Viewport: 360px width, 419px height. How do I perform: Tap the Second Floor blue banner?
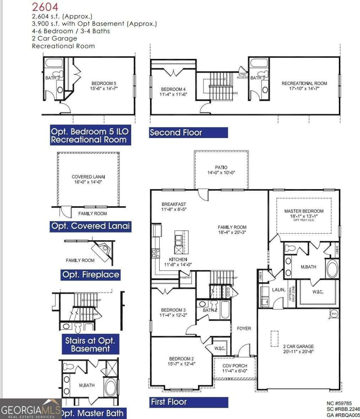pyautogui.click(x=188, y=133)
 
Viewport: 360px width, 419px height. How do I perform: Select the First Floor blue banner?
pyautogui.click(x=188, y=402)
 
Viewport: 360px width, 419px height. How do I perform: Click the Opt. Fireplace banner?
pyautogui.click(x=90, y=274)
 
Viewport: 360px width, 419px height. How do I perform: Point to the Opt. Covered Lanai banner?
pyautogui.click(x=90, y=226)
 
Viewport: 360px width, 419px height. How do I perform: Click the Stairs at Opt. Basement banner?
pyautogui.click(x=90, y=344)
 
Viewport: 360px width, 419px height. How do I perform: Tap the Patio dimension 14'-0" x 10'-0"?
pyautogui.click(x=221, y=173)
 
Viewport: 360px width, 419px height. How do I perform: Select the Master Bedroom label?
pyautogui.click(x=304, y=211)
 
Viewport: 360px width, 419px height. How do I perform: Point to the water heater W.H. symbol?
pyautogui.click(x=334, y=313)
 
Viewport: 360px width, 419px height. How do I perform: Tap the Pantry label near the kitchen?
pyautogui.click(x=185, y=278)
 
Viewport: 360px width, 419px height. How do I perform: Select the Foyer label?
pyautogui.click(x=244, y=328)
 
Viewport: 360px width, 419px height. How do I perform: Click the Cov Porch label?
pyautogui.click(x=235, y=366)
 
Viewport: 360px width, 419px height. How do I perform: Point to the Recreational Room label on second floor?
pyautogui.click(x=304, y=83)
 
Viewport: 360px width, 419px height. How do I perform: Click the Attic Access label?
pyautogui.click(x=242, y=76)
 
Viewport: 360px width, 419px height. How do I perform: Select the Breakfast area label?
pyautogui.click(x=174, y=204)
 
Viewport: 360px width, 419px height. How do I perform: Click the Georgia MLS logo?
pyautogui.click(x=31, y=410)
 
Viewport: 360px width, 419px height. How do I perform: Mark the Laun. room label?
pyautogui.click(x=278, y=290)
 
